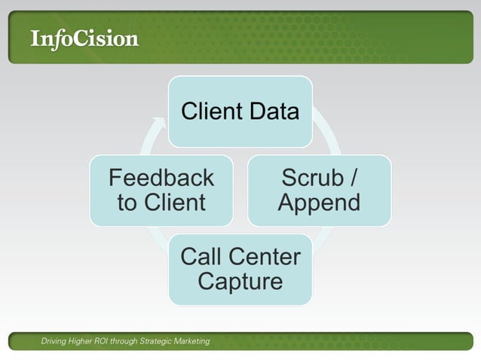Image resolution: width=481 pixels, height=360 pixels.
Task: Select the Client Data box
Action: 240,111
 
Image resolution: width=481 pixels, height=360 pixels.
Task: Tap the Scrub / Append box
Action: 319,191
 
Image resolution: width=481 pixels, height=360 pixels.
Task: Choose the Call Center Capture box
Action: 240,270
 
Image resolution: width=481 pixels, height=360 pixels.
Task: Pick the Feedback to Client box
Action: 161,191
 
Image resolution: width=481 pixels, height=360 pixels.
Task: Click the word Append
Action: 319,203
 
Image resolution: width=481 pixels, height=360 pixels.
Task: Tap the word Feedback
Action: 161,178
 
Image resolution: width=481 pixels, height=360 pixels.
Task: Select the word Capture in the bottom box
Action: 240,282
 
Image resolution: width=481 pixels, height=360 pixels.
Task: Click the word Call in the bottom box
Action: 201,258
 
